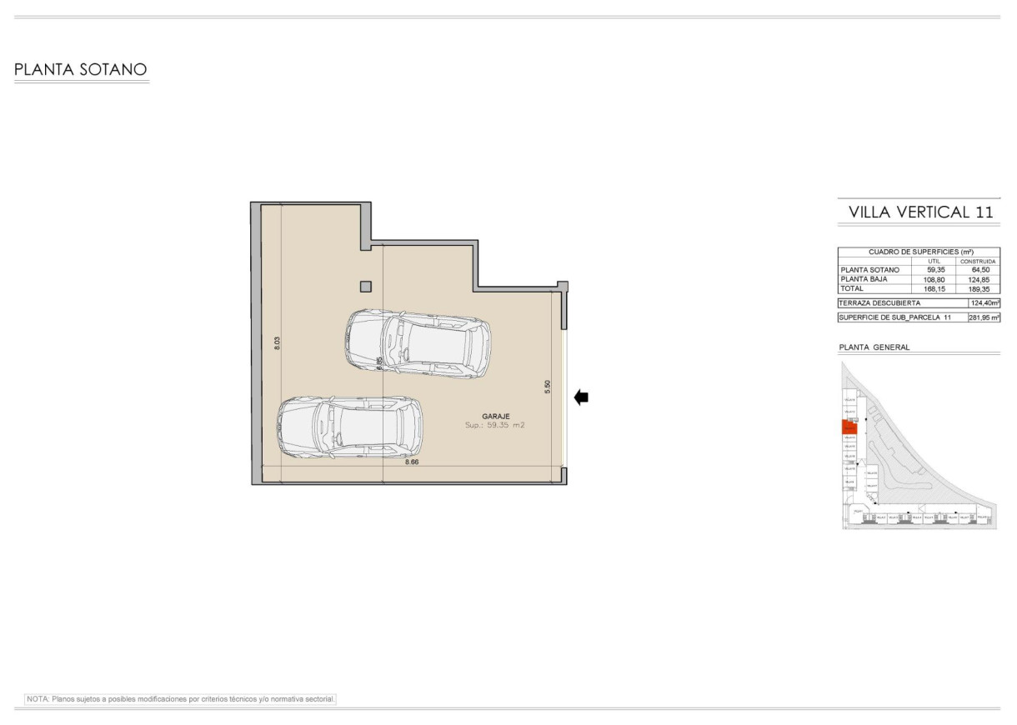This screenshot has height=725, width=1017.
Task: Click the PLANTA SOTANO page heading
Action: click(x=81, y=69)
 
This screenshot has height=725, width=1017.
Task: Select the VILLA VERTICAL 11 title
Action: click(x=920, y=212)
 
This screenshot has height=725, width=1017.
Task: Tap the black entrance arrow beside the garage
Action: click(x=581, y=398)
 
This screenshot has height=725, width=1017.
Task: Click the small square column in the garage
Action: click(x=365, y=287)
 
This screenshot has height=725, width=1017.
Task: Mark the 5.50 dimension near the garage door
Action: click(x=547, y=387)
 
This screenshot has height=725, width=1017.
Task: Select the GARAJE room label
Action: click(x=495, y=416)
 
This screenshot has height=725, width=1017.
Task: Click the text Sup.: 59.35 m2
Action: click(x=495, y=425)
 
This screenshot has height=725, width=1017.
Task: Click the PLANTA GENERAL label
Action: click(x=874, y=347)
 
